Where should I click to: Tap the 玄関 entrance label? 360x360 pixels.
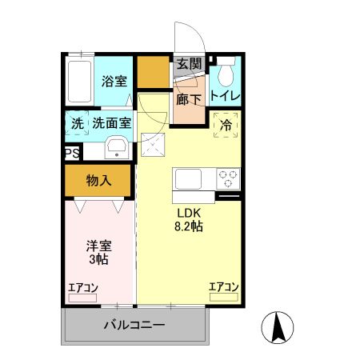pos(189,64)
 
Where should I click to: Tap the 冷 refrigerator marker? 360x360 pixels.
pos(226,126)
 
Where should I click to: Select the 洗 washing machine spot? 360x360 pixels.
pos(77,124)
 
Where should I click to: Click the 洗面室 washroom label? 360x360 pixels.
pos(111,124)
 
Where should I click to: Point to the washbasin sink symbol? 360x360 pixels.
pos(115,147)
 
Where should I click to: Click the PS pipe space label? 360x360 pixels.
pos(71,154)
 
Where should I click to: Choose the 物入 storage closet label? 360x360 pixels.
pos(98,181)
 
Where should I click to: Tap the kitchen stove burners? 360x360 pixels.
pos(228,178)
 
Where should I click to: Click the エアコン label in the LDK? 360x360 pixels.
pos(224,286)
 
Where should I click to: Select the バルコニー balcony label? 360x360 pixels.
pos(134,326)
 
